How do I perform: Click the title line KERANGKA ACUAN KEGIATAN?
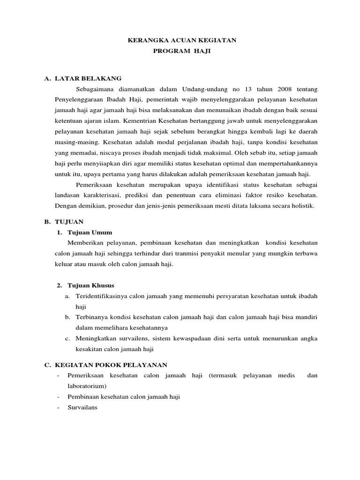tap(182, 41)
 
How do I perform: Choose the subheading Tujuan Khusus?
tap(91, 285)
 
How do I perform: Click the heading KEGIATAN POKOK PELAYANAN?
tap(111, 365)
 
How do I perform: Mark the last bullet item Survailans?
tap(82, 407)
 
